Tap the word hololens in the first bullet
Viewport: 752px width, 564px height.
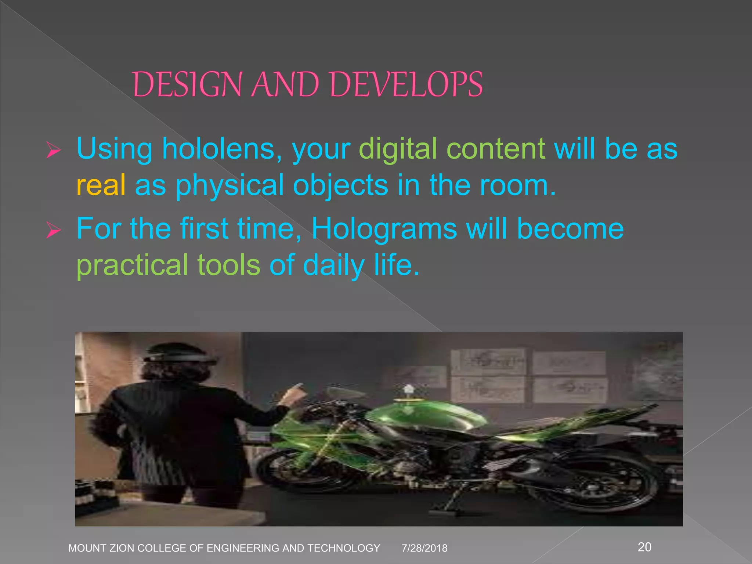click(x=219, y=149)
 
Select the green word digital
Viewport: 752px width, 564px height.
click(x=398, y=149)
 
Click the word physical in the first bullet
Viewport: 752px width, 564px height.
click(x=229, y=185)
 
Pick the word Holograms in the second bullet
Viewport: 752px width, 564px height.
click(x=384, y=229)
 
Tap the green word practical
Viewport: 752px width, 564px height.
click(x=132, y=265)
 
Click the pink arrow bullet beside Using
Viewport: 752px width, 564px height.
click(x=54, y=150)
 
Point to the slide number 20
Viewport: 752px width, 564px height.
click(x=645, y=547)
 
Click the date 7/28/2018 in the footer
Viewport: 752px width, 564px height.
click(x=424, y=548)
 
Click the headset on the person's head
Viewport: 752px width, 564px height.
click(x=180, y=357)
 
